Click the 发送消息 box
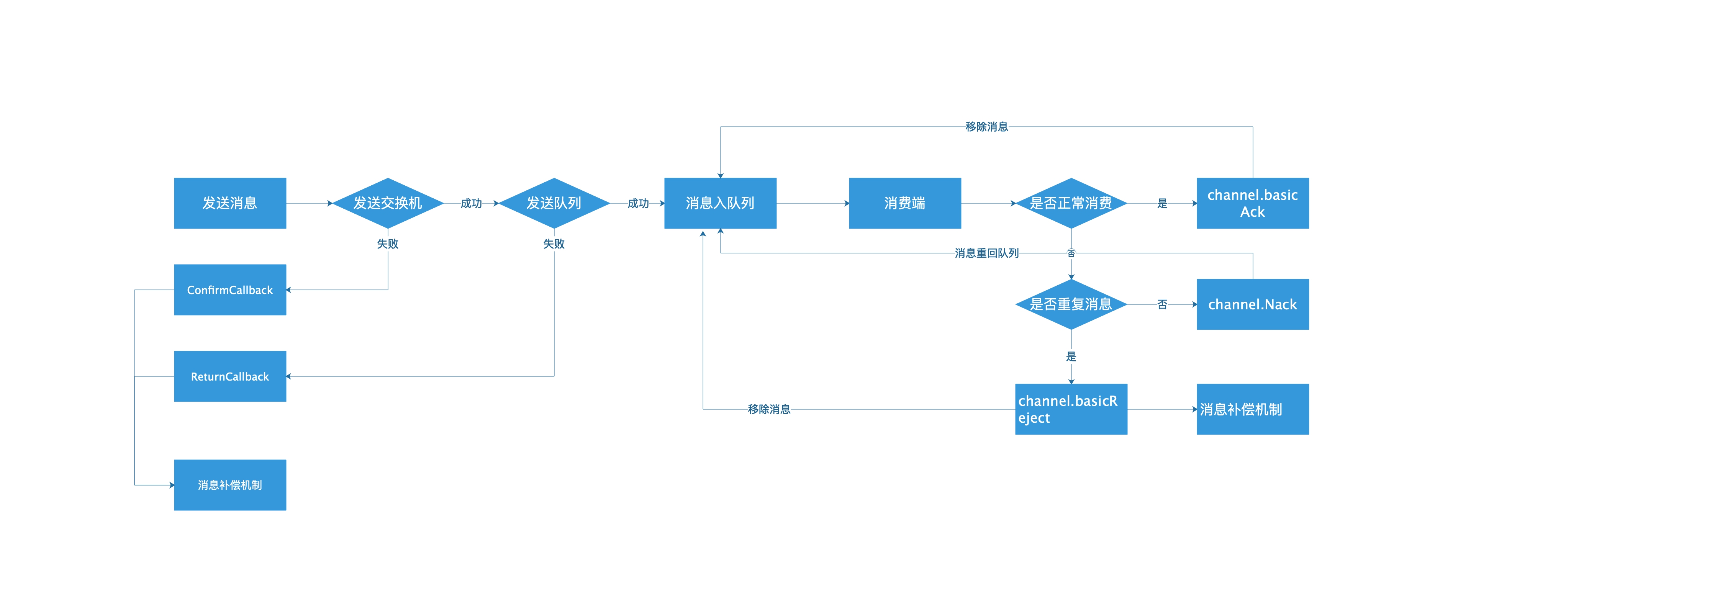tap(230, 203)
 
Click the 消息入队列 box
tap(720, 203)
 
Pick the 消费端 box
tap(905, 203)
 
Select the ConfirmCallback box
tap(230, 290)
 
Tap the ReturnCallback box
tap(230, 376)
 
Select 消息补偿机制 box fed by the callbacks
tap(230, 485)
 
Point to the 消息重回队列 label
tap(986, 253)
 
